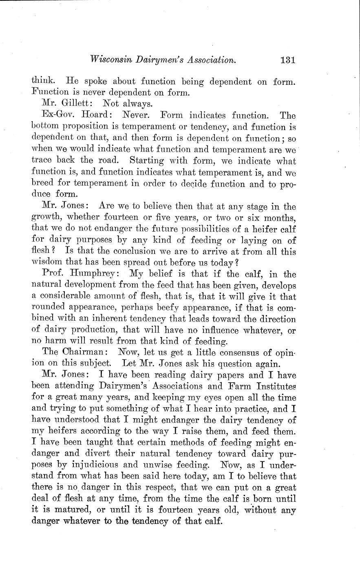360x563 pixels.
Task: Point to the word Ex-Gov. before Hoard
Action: pos(56,116)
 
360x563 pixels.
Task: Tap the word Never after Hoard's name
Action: pos(137,116)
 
